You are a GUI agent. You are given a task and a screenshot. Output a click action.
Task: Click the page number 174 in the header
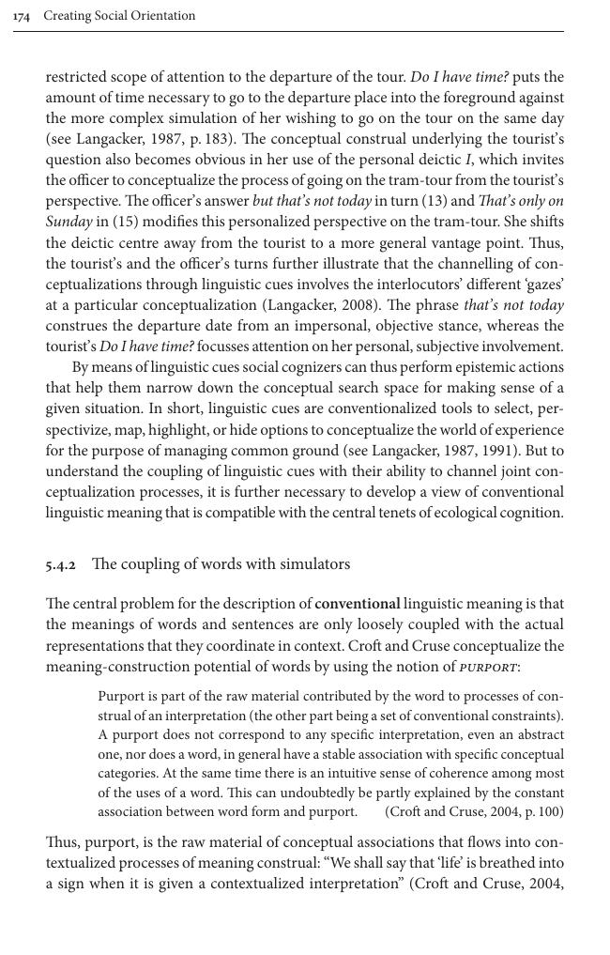22,16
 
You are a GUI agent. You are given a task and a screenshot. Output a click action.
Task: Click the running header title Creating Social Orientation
119,16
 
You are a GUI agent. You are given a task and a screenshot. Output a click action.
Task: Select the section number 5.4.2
61,565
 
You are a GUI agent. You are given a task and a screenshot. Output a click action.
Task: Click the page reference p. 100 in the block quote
538,811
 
